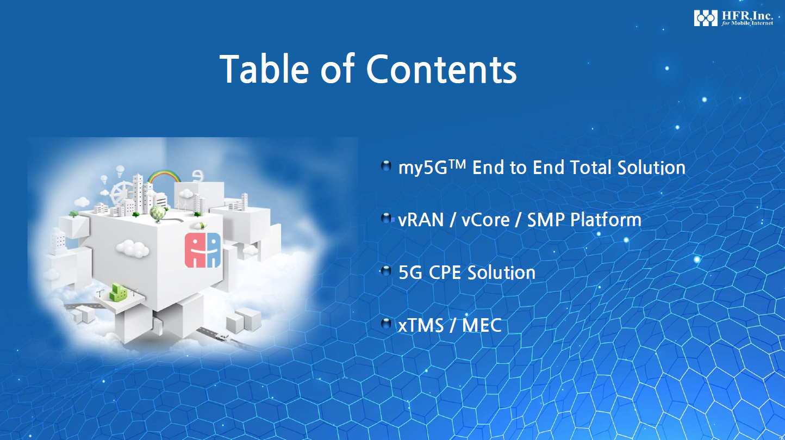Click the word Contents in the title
pos(441,69)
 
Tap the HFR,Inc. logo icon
pos(706,18)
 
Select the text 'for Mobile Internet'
pos(747,23)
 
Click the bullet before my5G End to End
pos(386,166)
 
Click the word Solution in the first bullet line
pos(651,168)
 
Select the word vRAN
pos(421,220)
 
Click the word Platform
pos(606,220)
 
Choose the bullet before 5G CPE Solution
pos(386,271)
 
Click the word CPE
pos(444,273)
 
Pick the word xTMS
pos(421,325)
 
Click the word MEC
pos(482,325)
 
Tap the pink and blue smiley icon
pos(203,250)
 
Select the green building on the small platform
pos(119,293)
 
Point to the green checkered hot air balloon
pos(157,214)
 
